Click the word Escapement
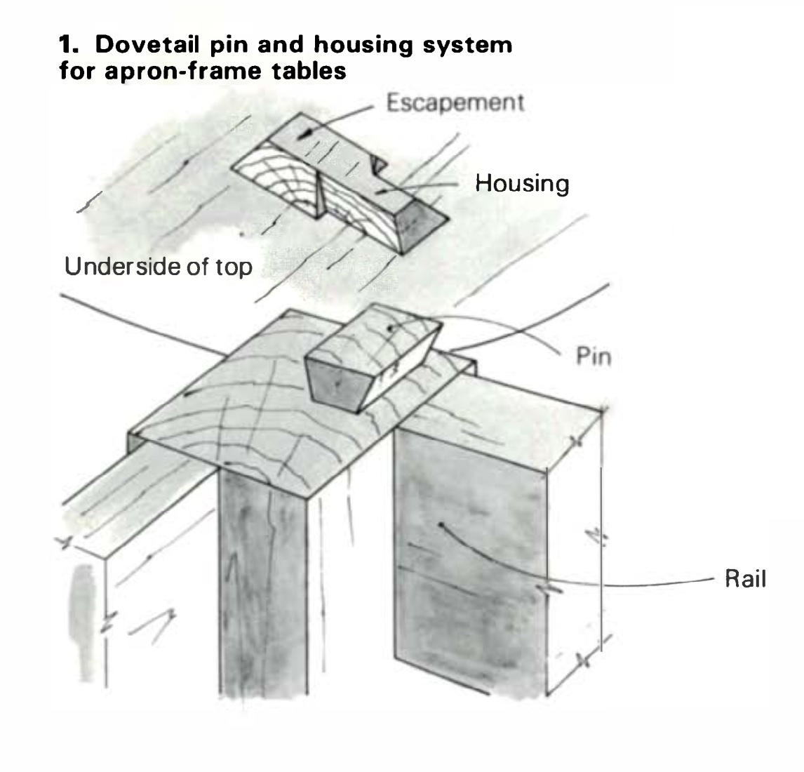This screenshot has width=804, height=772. coord(455,102)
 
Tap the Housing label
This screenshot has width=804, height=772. coord(521,184)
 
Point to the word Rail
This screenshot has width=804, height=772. coord(745,580)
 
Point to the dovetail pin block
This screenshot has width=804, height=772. coord(372,358)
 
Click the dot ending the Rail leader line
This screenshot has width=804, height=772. coord(441,524)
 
